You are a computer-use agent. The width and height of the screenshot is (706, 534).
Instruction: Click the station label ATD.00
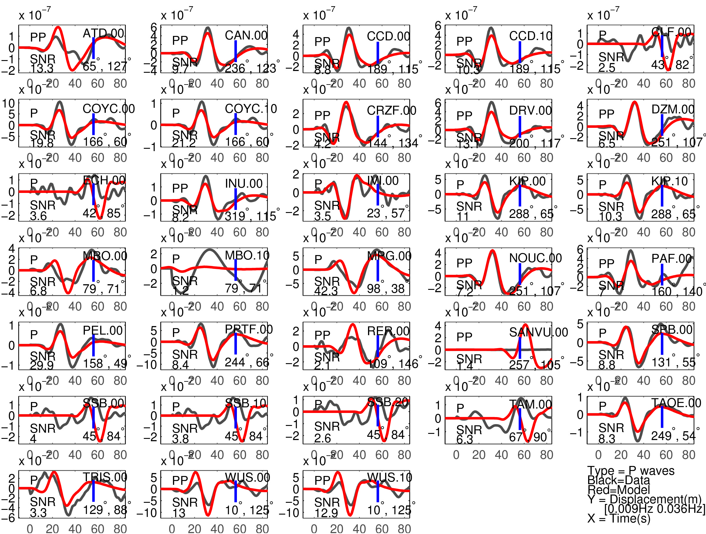103,33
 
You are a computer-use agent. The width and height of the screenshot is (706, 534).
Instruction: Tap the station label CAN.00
246,35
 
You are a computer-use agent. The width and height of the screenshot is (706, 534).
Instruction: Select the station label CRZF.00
391,110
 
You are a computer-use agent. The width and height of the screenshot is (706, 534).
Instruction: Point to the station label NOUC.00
535,258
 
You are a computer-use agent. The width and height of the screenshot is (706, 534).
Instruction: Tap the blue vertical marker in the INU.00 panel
235,199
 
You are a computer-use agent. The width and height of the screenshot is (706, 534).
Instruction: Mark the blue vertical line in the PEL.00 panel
93,345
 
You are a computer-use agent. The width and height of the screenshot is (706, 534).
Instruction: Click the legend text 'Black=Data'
618,480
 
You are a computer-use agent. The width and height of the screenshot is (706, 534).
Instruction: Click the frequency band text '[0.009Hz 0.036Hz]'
654,509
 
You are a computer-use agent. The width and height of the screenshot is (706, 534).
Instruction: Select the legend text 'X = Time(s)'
618,518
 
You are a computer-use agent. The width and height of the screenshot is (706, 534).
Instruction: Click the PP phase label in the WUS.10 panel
322,480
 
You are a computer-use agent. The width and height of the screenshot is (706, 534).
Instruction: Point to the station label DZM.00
672,109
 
